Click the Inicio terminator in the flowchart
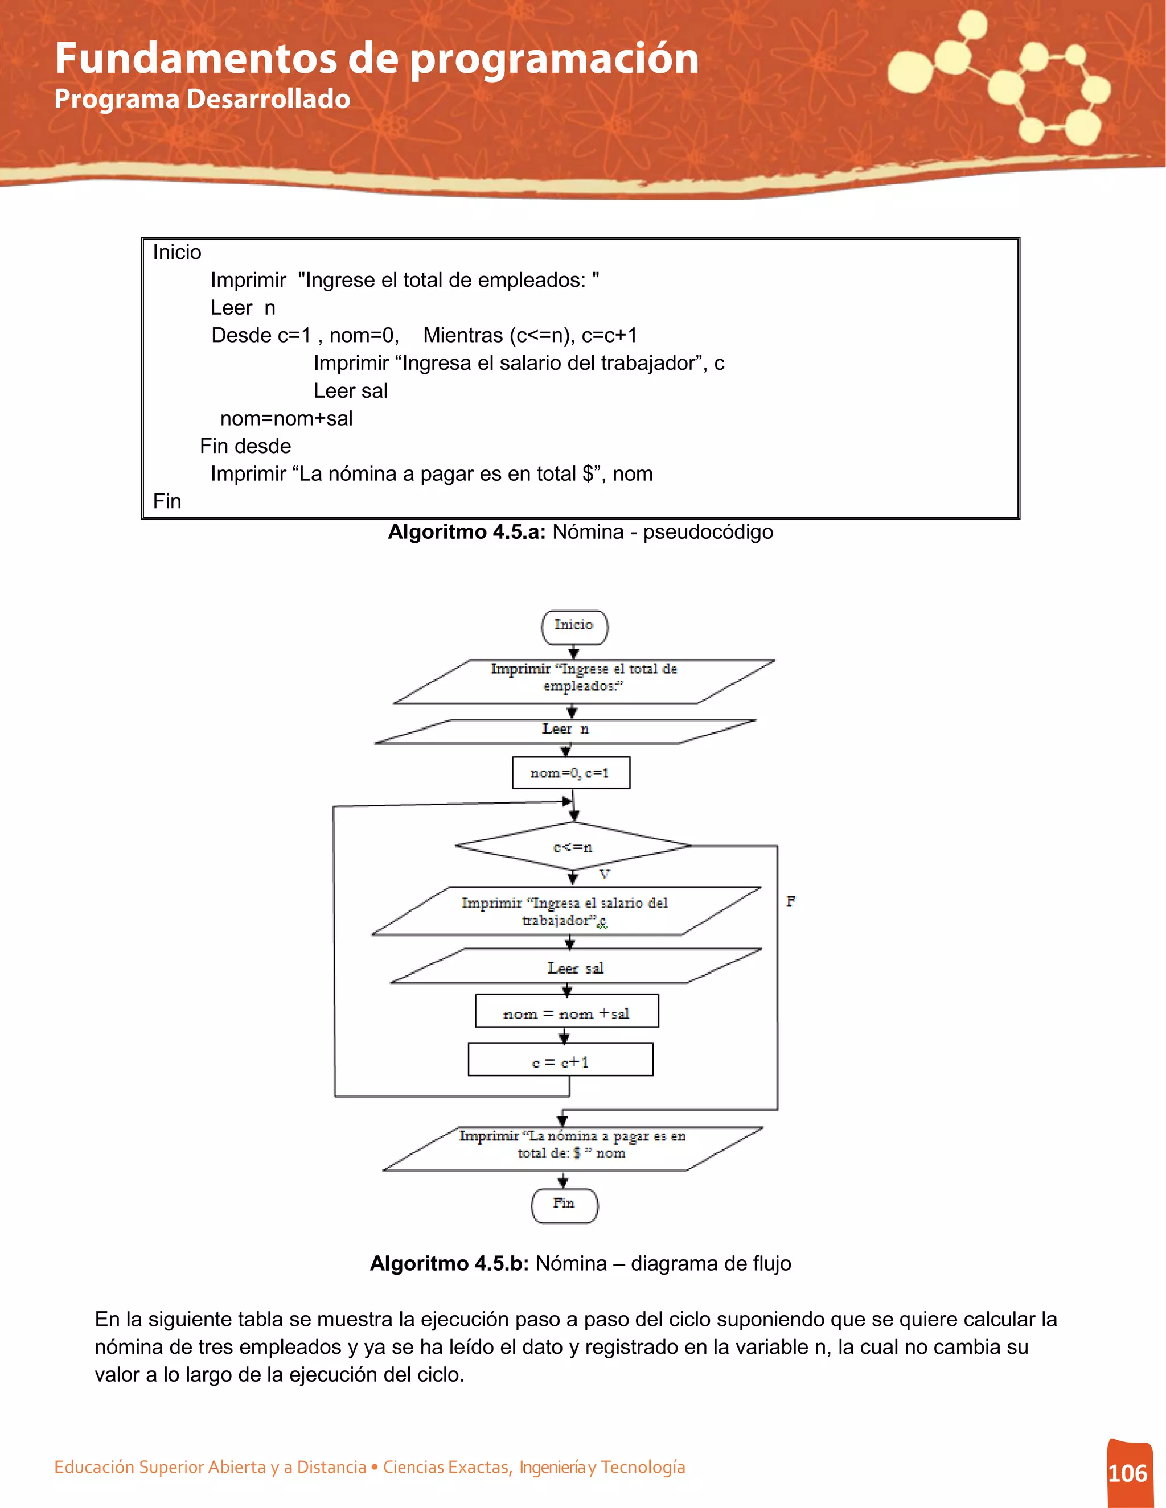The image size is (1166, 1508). (574, 627)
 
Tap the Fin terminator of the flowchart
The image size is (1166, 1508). (564, 1205)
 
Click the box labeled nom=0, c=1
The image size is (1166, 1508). (570, 773)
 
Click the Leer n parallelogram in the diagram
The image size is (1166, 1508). (565, 731)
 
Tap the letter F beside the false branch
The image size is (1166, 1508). (790, 901)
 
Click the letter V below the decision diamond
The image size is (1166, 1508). (605, 875)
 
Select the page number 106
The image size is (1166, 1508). (1127, 1473)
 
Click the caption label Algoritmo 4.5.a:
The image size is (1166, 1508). (467, 531)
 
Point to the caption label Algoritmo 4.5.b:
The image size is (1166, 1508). (449, 1263)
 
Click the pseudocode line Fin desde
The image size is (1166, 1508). (245, 446)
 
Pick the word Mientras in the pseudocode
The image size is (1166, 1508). (463, 336)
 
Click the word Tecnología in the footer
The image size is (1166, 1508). (642, 1467)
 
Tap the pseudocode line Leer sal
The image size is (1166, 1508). (350, 391)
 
